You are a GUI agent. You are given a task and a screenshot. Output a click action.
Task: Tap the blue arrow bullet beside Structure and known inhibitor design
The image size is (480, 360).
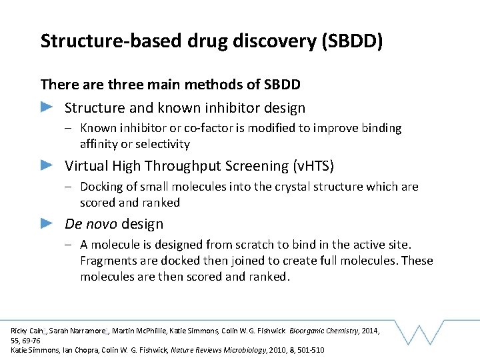pos(47,107)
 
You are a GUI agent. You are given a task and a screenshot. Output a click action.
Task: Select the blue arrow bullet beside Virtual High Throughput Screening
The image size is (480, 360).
pos(47,165)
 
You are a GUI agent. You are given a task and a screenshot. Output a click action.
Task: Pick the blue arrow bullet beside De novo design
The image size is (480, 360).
pos(47,223)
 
